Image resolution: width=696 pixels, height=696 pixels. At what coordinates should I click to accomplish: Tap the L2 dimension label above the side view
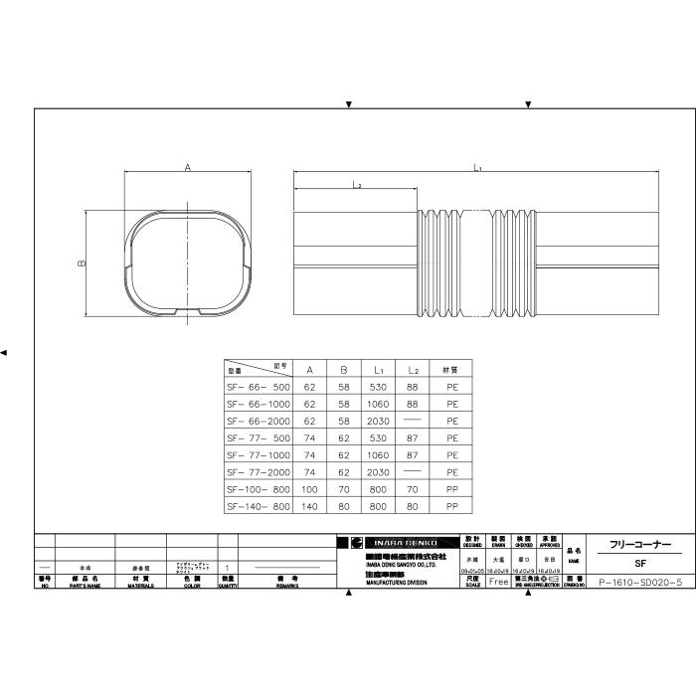pos(356,185)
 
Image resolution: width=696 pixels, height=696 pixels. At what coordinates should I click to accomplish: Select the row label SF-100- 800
pos(259,489)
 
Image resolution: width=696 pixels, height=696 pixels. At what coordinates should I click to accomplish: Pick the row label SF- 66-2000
pos(259,421)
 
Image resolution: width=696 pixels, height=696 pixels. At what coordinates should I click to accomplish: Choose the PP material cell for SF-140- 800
pos(451,506)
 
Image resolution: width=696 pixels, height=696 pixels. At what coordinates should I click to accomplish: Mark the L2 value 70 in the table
pos(412,489)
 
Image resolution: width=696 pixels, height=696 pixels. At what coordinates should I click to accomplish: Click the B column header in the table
pos(344,368)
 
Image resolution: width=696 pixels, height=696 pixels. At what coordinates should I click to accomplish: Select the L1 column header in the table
pos(378,368)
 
